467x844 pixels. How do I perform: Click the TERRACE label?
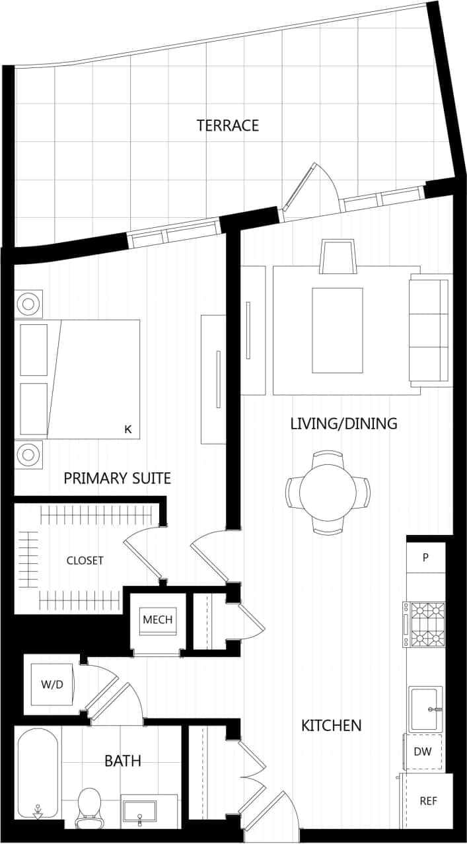coord(227,125)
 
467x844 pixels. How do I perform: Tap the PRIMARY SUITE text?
coord(117,478)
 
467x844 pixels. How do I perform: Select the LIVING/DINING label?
coord(343,423)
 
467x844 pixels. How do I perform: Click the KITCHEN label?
coord(331,725)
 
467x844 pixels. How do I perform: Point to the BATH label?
coord(123,761)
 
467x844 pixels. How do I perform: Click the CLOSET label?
coord(85,561)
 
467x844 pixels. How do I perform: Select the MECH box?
coord(158,619)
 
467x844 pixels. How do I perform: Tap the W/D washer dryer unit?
coord(52,684)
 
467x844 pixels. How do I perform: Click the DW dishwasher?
coord(423,752)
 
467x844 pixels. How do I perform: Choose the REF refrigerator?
coord(428,800)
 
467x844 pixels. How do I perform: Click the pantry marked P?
coord(425,557)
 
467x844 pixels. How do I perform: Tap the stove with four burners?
coord(427,624)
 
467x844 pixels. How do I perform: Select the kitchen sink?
coord(425,709)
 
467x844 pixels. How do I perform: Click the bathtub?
coord(38,773)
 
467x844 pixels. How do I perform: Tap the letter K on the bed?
coord(128,429)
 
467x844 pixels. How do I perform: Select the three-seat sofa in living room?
coord(429,330)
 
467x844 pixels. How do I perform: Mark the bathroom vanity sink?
coord(139,811)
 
